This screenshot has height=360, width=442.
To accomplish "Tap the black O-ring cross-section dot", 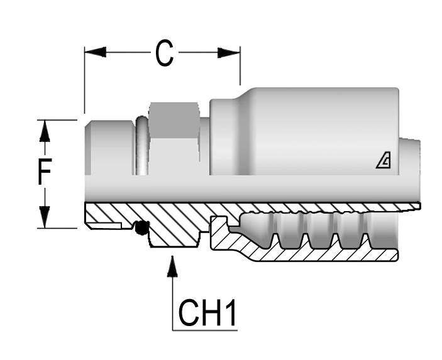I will pyautogui.click(x=142, y=228).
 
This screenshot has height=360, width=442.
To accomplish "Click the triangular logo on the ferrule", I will pyautogui.click(x=383, y=162).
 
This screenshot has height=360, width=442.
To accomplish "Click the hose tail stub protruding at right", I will pyautogui.click(x=409, y=157).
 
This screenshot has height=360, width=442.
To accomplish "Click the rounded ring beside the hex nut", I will pyautogui.click(x=142, y=146).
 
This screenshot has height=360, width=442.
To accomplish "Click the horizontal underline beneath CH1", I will pyautogui.click(x=205, y=329).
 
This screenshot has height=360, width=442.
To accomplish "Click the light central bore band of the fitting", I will pyautogui.click(x=251, y=188).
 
